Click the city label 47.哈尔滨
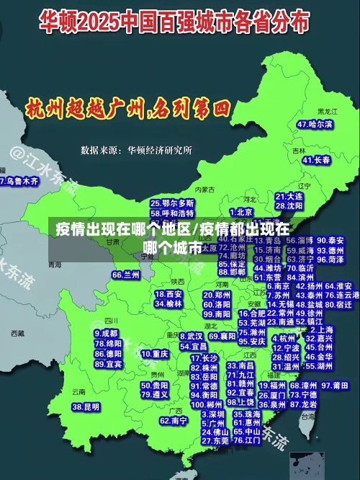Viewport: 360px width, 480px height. [x=315, y=125]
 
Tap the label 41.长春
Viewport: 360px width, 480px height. [x=317, y=160]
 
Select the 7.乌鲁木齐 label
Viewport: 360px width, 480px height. [x=19, y=182]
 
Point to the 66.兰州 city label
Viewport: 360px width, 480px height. [x=126, y=275]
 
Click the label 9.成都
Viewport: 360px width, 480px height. [x=106, y=334]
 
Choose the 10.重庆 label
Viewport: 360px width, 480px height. [x=155, y=355]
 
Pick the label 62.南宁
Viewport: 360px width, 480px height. [x=174, y=420]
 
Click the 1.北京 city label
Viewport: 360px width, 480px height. [x=241, y=212]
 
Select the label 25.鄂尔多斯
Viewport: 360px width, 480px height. [x=172, y=203]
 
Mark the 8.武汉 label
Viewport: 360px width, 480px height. [x=191, y=336]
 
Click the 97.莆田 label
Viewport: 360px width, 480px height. [x=340, y=386]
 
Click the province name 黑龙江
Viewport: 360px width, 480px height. [x=328, y=112]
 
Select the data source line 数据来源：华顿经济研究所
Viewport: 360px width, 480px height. [x=136, y=151]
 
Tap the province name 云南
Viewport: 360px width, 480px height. [x=78, y=392]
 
